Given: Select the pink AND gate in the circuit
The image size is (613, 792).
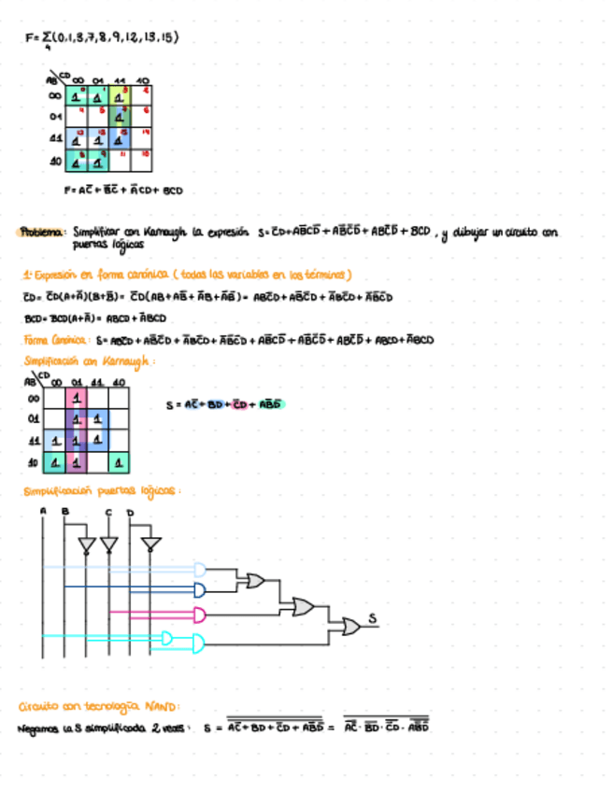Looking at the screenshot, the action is point(199,614).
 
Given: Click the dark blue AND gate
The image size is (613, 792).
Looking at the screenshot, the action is point(199,589).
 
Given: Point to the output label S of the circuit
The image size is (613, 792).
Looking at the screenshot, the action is point(371,617).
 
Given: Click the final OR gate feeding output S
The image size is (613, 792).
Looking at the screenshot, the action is point(350,627).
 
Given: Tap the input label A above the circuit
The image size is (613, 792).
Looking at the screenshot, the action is point(43,511).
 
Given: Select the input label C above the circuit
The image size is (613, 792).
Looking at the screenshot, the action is point(108,512).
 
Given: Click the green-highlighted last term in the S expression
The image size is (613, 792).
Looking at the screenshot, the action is point(268,405).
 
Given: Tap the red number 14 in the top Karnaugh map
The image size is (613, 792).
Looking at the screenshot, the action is point(146,134).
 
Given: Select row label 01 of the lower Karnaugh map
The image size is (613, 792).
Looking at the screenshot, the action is point(34,418).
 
